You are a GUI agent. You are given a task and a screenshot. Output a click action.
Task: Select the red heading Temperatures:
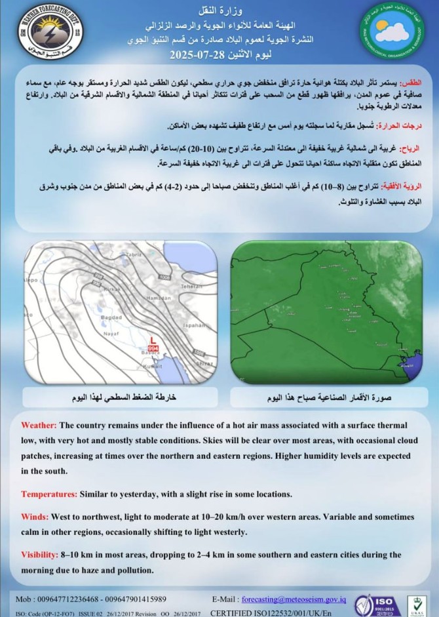pyautogui.click(x=49, y=494)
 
